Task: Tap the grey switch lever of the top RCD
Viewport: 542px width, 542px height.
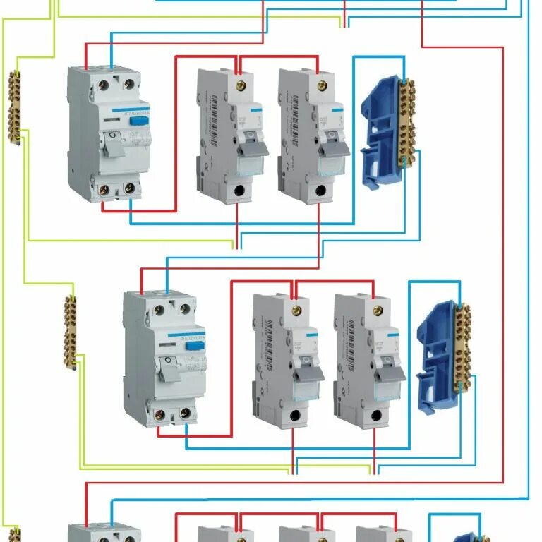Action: click(112, 146)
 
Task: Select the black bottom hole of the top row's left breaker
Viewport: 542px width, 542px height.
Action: click(239, 191)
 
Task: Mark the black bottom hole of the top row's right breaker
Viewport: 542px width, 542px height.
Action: click(320, 191)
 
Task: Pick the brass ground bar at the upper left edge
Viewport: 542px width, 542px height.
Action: click(14, 107)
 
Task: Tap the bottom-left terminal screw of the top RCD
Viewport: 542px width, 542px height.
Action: click(103, 188)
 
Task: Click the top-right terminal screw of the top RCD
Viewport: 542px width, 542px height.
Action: click(128, 84)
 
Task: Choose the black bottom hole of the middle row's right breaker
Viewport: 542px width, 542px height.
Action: click(376, 416)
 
